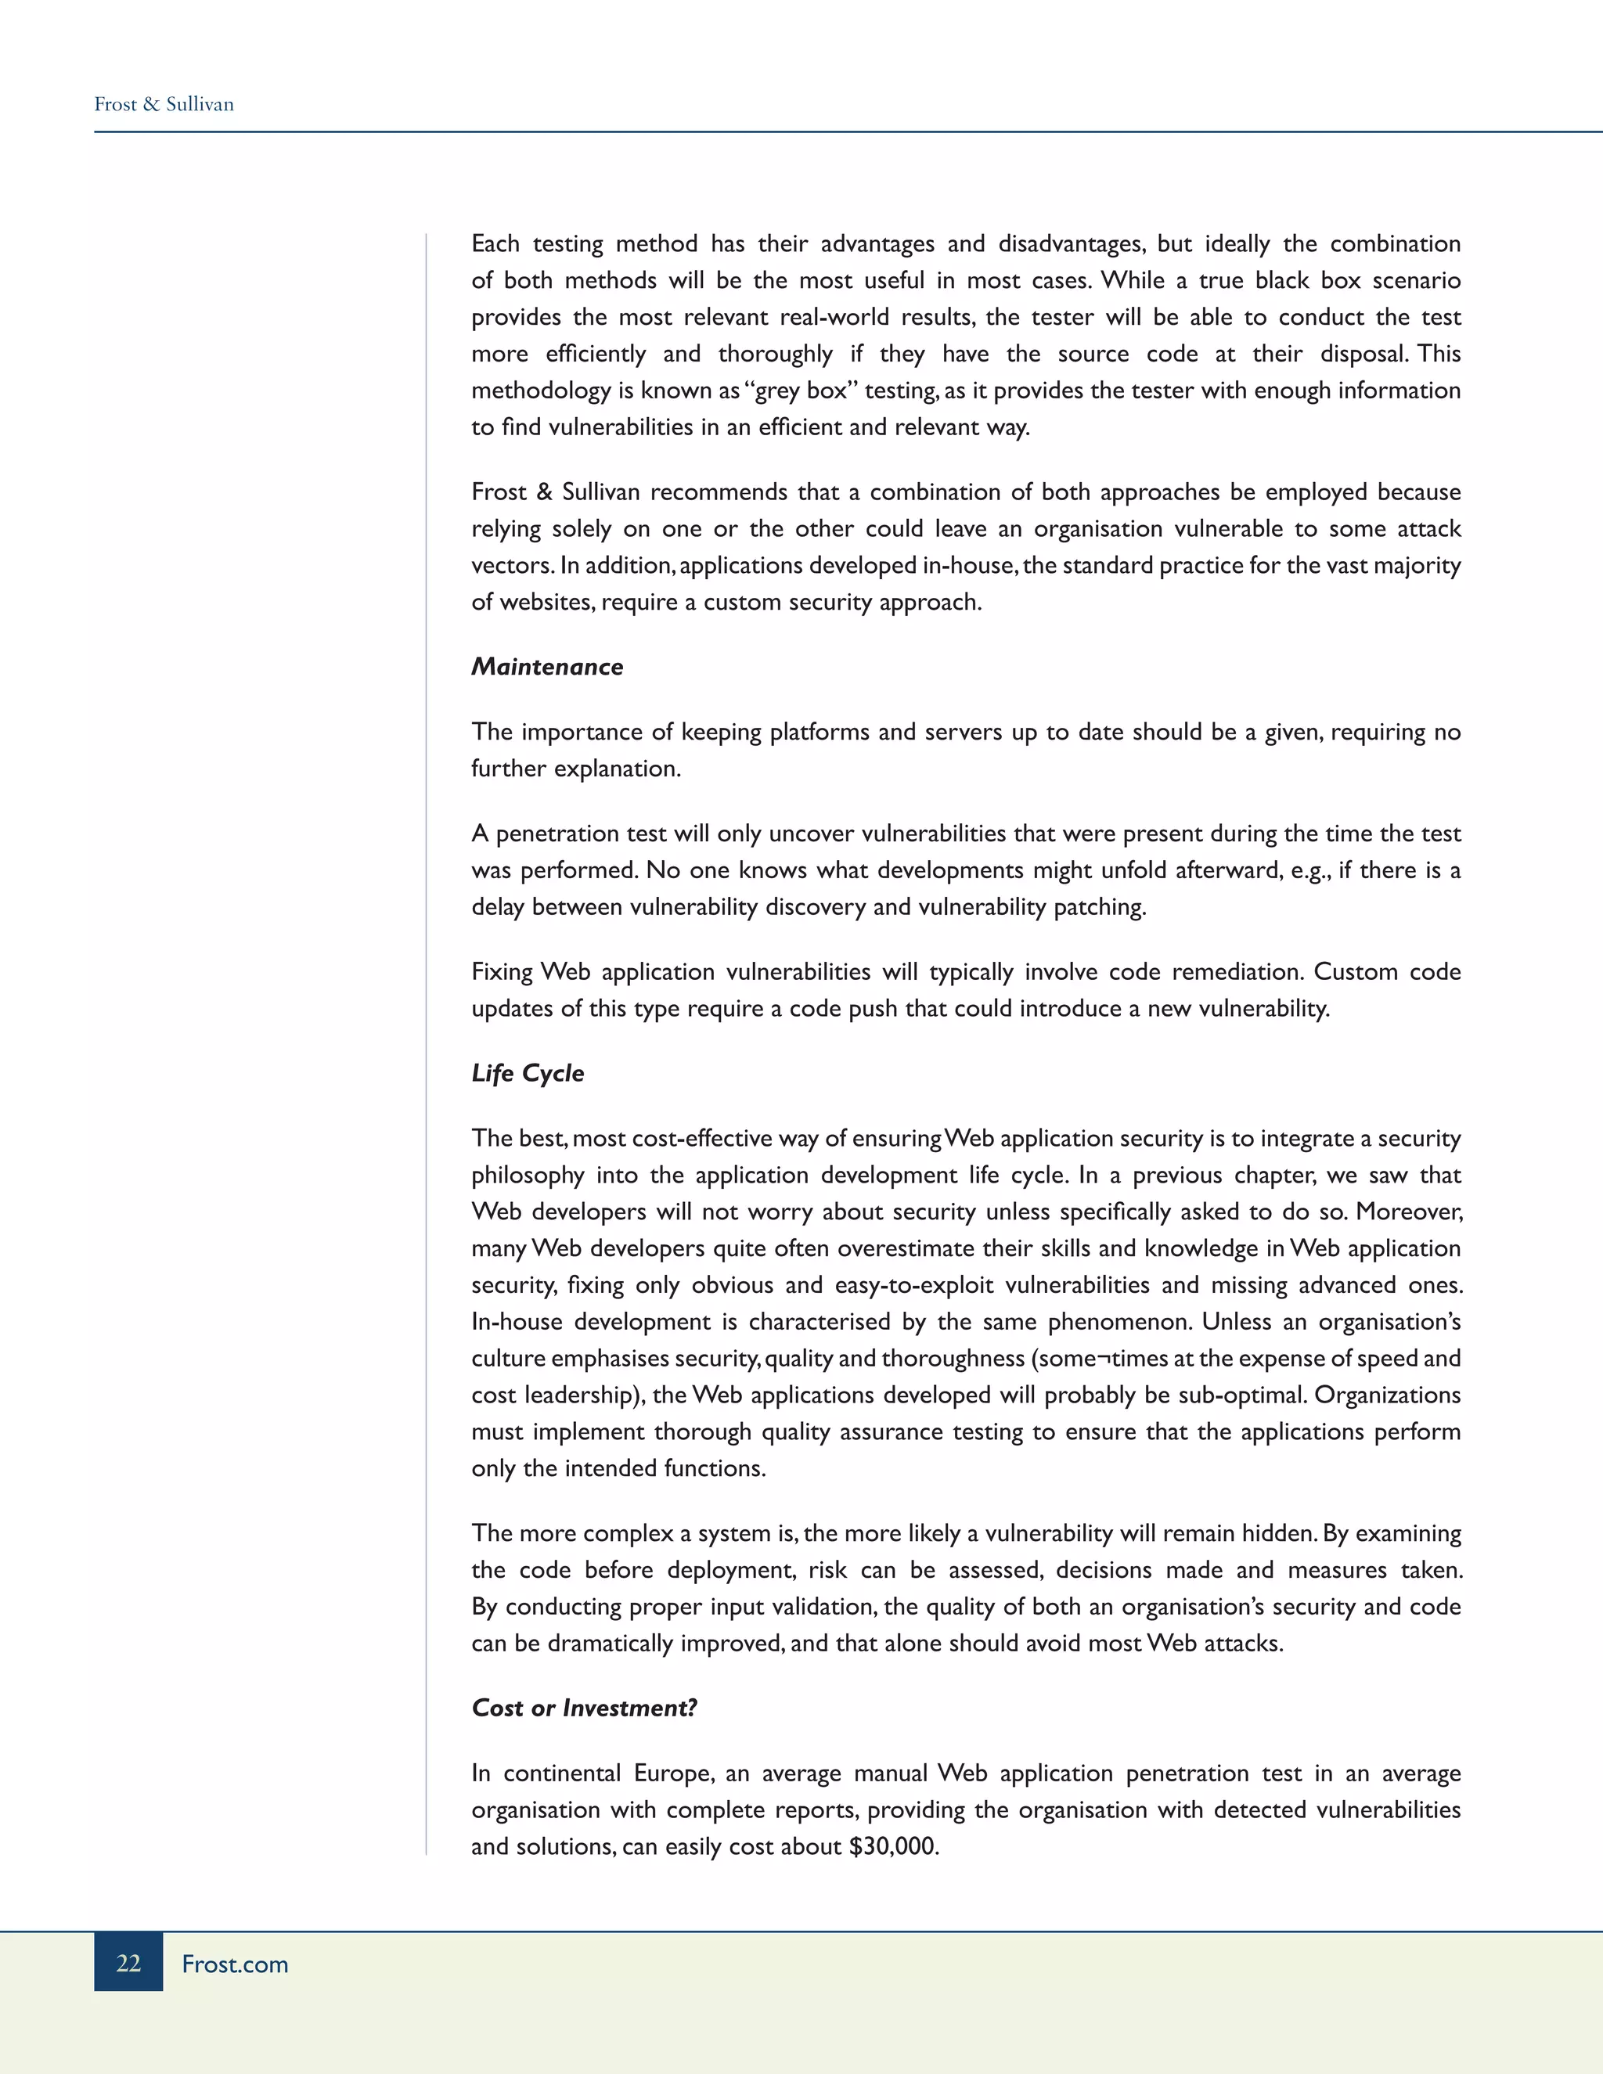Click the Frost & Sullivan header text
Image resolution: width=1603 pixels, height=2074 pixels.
(164, 104)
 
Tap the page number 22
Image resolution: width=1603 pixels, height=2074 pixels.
(128, 1963)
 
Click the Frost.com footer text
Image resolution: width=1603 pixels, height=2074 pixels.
(235, 1964)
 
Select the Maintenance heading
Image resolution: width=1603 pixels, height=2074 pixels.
(547, 667)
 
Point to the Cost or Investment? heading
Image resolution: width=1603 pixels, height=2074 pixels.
(584, 1708)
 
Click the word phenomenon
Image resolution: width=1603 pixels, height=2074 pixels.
(1118, 1322)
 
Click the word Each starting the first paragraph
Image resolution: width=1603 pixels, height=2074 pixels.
(495, 244)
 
